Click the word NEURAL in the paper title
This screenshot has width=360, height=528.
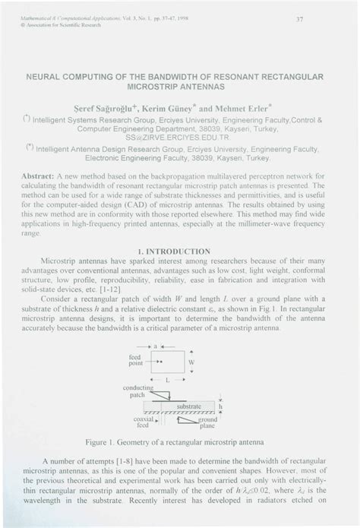point(46,77)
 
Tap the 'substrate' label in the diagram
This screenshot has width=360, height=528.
point(189,406)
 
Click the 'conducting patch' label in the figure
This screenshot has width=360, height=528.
point(137,391)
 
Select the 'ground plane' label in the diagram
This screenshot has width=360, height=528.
point(207,423)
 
